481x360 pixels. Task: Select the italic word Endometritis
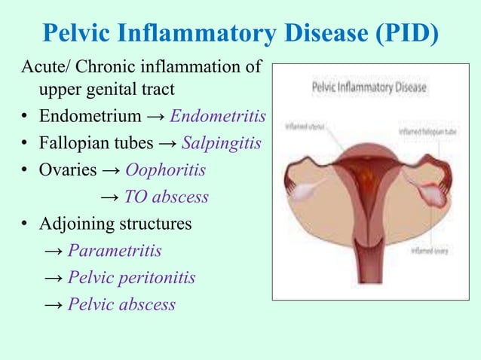(218, 117)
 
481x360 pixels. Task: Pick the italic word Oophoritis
(165, 170)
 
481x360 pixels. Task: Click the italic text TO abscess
(166, 197)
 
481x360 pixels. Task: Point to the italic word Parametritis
(115, 251)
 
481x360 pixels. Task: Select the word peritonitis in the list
(155, 278)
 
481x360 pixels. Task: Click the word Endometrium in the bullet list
(90, 117)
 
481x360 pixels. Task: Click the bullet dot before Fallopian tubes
(25, 144)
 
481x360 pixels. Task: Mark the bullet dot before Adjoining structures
(25, 224)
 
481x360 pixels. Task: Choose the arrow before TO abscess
(109, 198)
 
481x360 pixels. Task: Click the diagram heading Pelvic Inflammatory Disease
(369, 87)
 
